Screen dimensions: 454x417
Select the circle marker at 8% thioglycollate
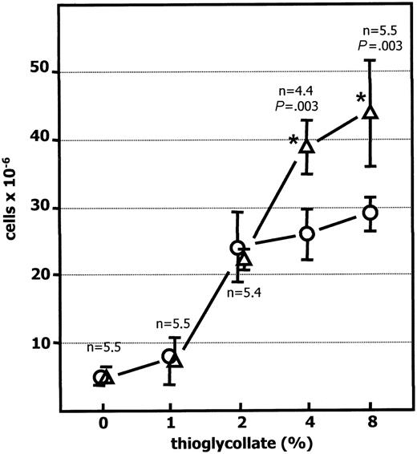point(370,213)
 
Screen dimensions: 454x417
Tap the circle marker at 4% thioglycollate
point(306,233)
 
